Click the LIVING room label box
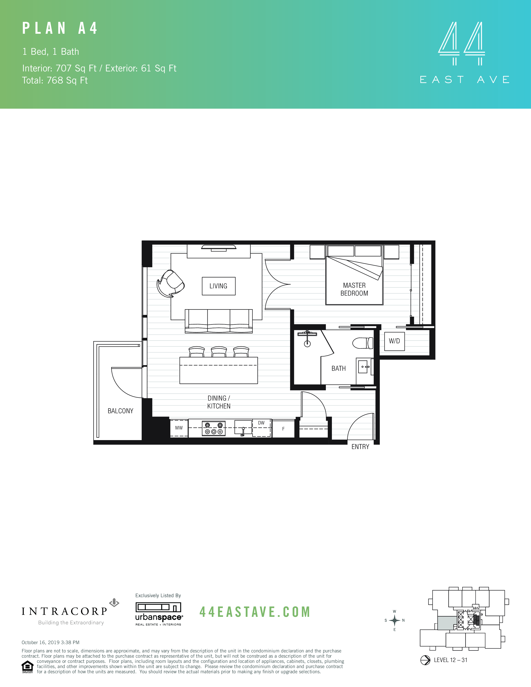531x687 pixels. (x=218, y=286)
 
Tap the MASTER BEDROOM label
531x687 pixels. (x=354, y=289)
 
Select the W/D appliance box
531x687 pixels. (x=394, y=341)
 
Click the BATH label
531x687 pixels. (x=338, y=368)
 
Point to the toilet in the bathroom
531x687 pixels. (x=362, y=343)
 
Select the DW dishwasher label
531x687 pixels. (x=261, y=423)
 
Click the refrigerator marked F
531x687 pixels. (x=283, y=428)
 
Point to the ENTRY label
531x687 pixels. (x=360, y=447)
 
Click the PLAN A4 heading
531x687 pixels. (x=60, y=28)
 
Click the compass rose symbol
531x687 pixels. (x=394, y=620)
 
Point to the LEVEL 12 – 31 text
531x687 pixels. (x=450, y=660)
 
